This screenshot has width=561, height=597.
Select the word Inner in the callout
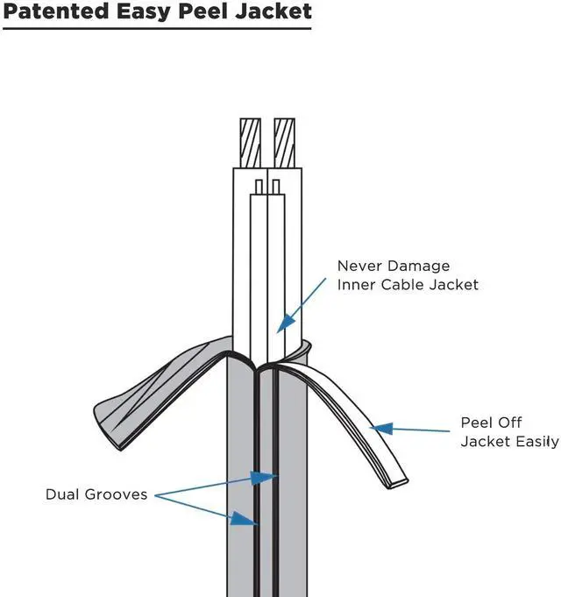358,284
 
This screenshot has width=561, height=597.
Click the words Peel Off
492,423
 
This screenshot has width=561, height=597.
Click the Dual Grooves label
97,494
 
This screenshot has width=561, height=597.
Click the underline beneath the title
156,29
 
